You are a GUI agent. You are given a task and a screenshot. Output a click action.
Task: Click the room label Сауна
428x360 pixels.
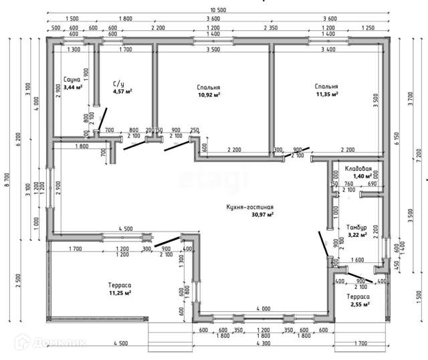[72, 80]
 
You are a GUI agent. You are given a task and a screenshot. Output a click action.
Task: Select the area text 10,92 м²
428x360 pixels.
[209, 95]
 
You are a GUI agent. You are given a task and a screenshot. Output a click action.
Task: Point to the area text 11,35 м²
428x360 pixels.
[326, 94]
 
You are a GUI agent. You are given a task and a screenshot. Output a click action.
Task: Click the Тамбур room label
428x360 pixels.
[357, 228]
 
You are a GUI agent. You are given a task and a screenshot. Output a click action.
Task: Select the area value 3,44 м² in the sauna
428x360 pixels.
[73, 87]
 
